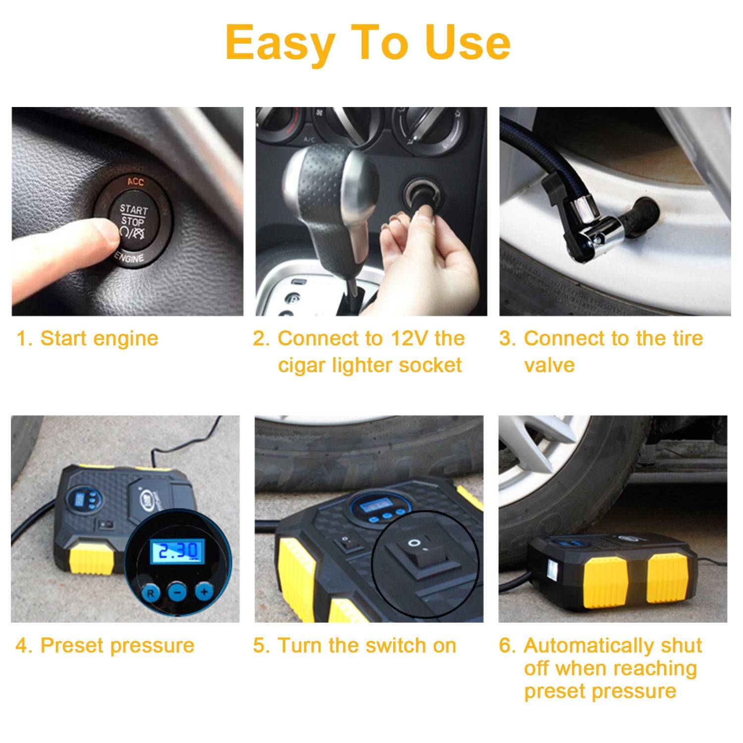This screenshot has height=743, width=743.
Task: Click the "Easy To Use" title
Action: [x=368, y=43]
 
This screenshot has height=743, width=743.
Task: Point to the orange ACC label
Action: [x=135, y=182]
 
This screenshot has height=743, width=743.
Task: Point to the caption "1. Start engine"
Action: [x=88, y=339]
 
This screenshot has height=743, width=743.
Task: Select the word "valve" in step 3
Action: [x=549, y=366]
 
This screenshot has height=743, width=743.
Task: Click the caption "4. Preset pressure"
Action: [x=105, y=645]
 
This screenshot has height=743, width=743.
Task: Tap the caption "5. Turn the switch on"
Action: [x=355, y=645]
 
